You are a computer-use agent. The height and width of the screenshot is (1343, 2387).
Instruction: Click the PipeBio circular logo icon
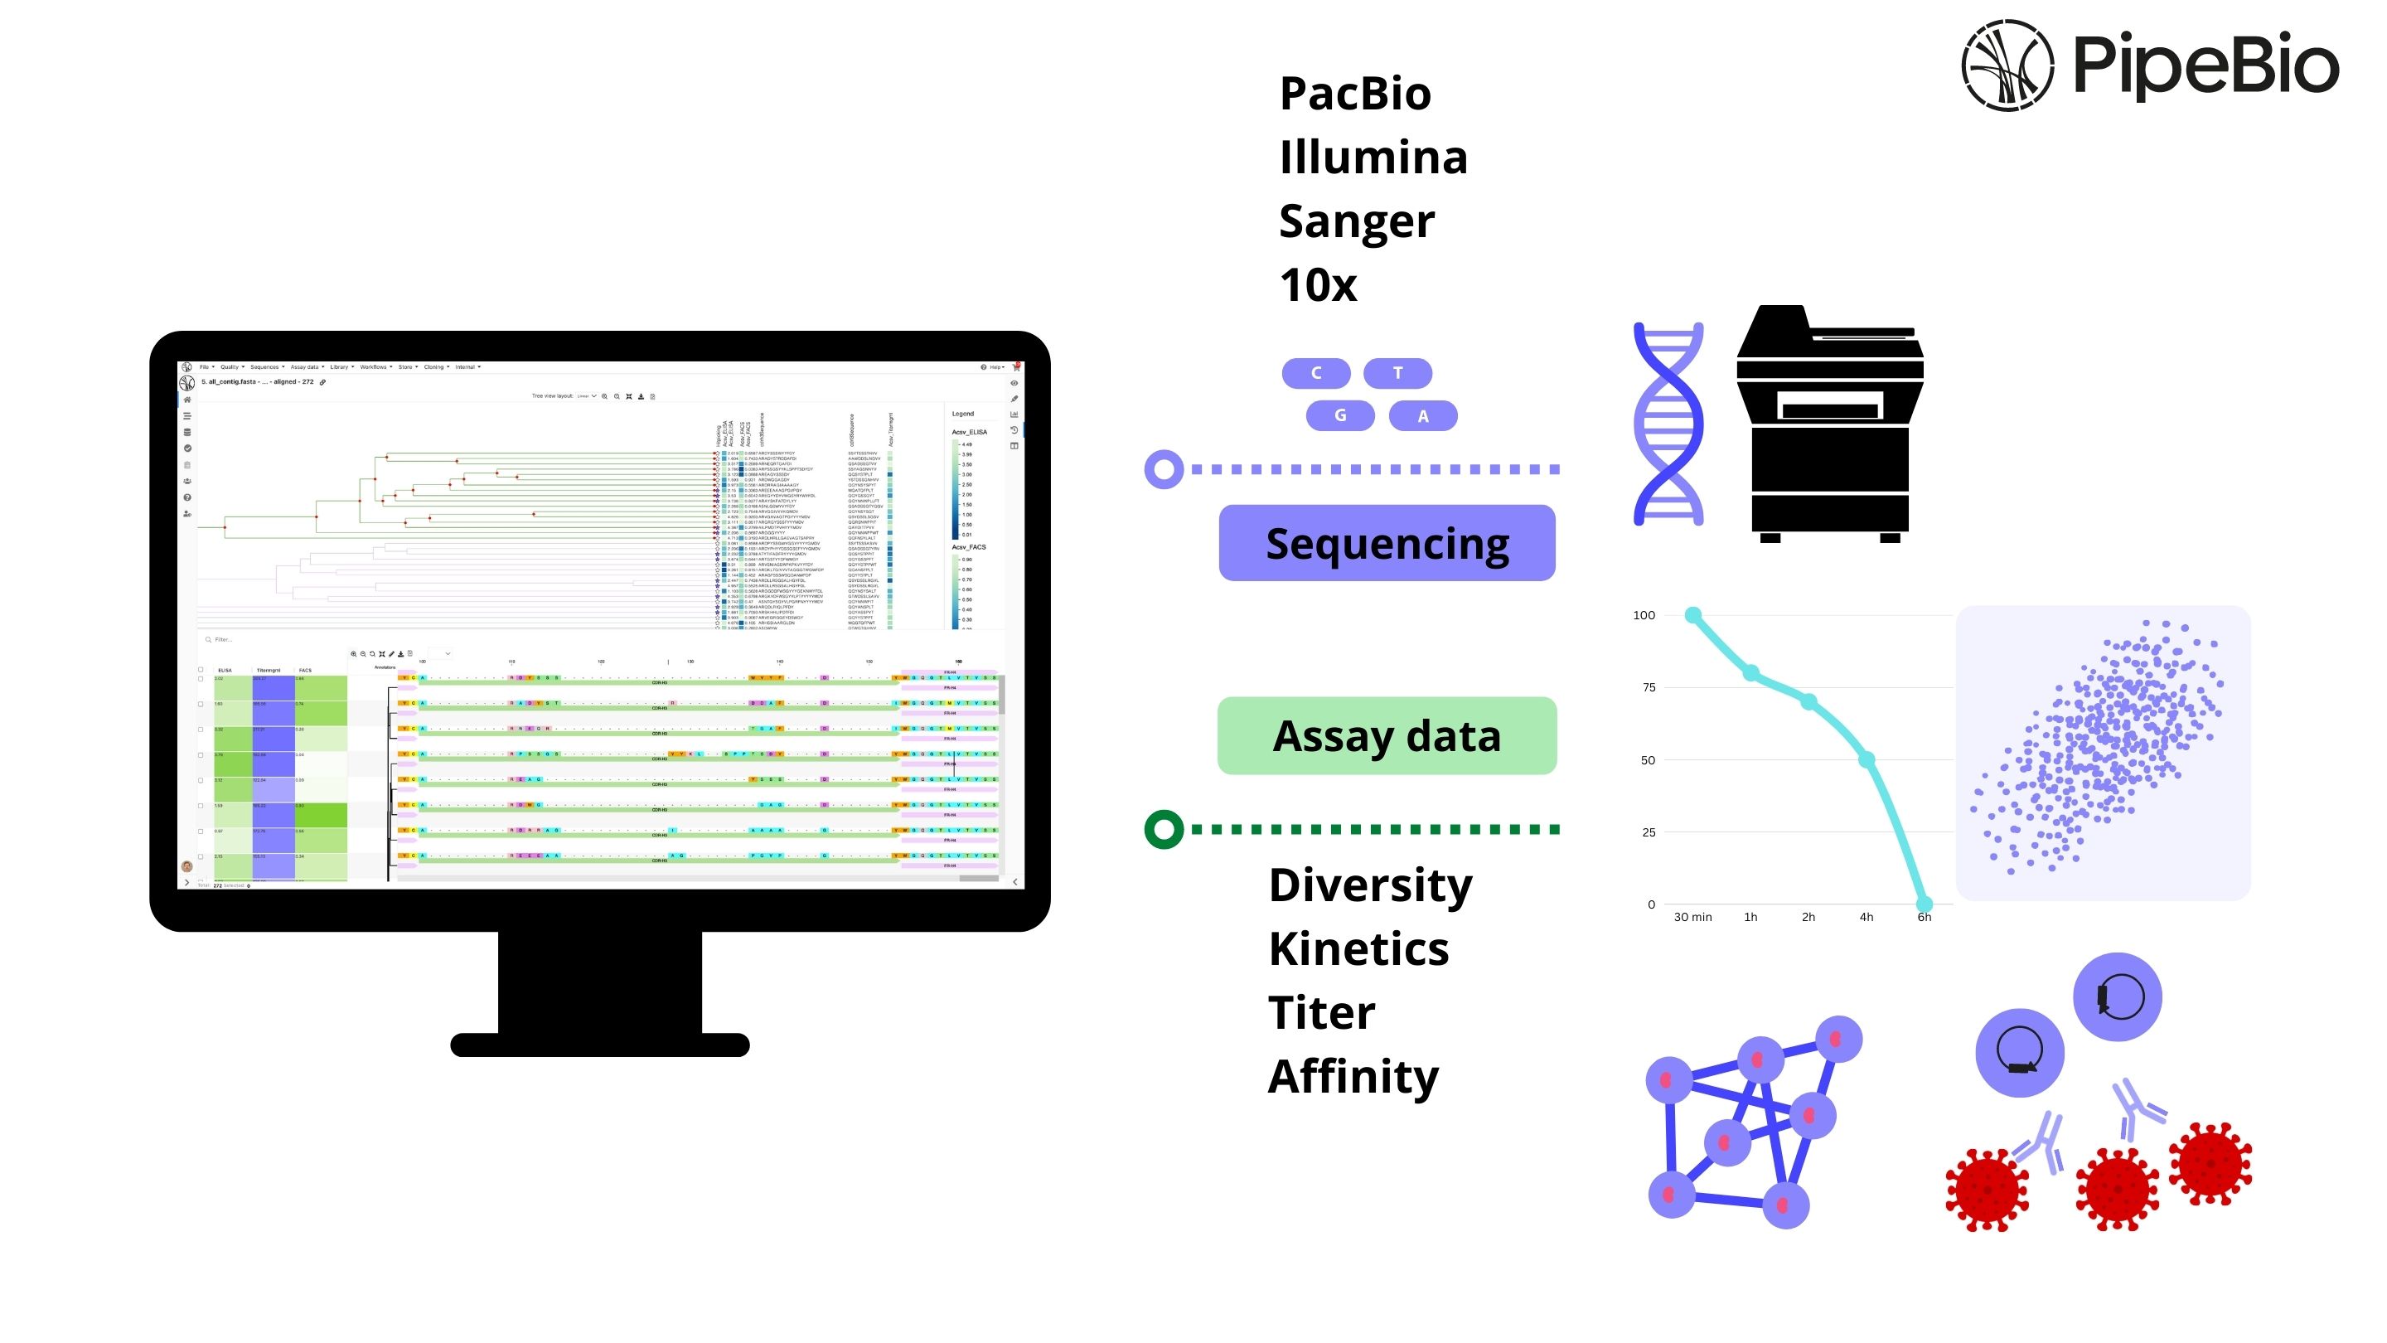click(x=2007, y=65)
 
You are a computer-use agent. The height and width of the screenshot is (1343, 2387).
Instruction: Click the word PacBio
click(x=1355, y=94)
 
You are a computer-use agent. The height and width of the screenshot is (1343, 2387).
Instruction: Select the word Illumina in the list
click(x=1373, y=158)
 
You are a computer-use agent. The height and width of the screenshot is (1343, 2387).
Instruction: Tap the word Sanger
click(x=1356, y=221)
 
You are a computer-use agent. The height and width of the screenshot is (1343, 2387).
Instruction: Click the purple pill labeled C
click(x=1316, y=372)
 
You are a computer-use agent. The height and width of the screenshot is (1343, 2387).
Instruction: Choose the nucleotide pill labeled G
click(x=1340, y=415)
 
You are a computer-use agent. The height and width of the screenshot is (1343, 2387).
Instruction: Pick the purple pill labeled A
click(x=1422, y=416)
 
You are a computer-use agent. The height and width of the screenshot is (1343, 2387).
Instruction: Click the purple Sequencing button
click(x=1387, y=543)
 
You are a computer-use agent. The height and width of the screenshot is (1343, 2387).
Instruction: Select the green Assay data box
click(x=1387, y=736)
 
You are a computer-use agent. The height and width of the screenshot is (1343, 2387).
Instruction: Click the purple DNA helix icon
click(x=1668, y=424)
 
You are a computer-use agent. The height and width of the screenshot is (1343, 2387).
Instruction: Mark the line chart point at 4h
click(x=1867, y=760)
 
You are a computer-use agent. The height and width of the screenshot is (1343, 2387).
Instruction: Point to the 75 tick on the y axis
click(x=1649, y=686)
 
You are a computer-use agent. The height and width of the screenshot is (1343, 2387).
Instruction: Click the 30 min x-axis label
click(x=1692, y=917)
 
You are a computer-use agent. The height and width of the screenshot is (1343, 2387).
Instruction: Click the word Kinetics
click(x=1358, y=949)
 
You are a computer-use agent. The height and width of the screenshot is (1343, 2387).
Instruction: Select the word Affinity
click(x=1353, y=1077)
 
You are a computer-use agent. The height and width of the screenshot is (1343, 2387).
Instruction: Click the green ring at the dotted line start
click(x=1164, y=829)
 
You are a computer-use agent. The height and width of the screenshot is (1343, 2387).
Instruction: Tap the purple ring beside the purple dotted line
click(x=1164, y=469)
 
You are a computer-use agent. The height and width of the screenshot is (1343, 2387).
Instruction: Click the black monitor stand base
click(x=599, y=1045)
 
